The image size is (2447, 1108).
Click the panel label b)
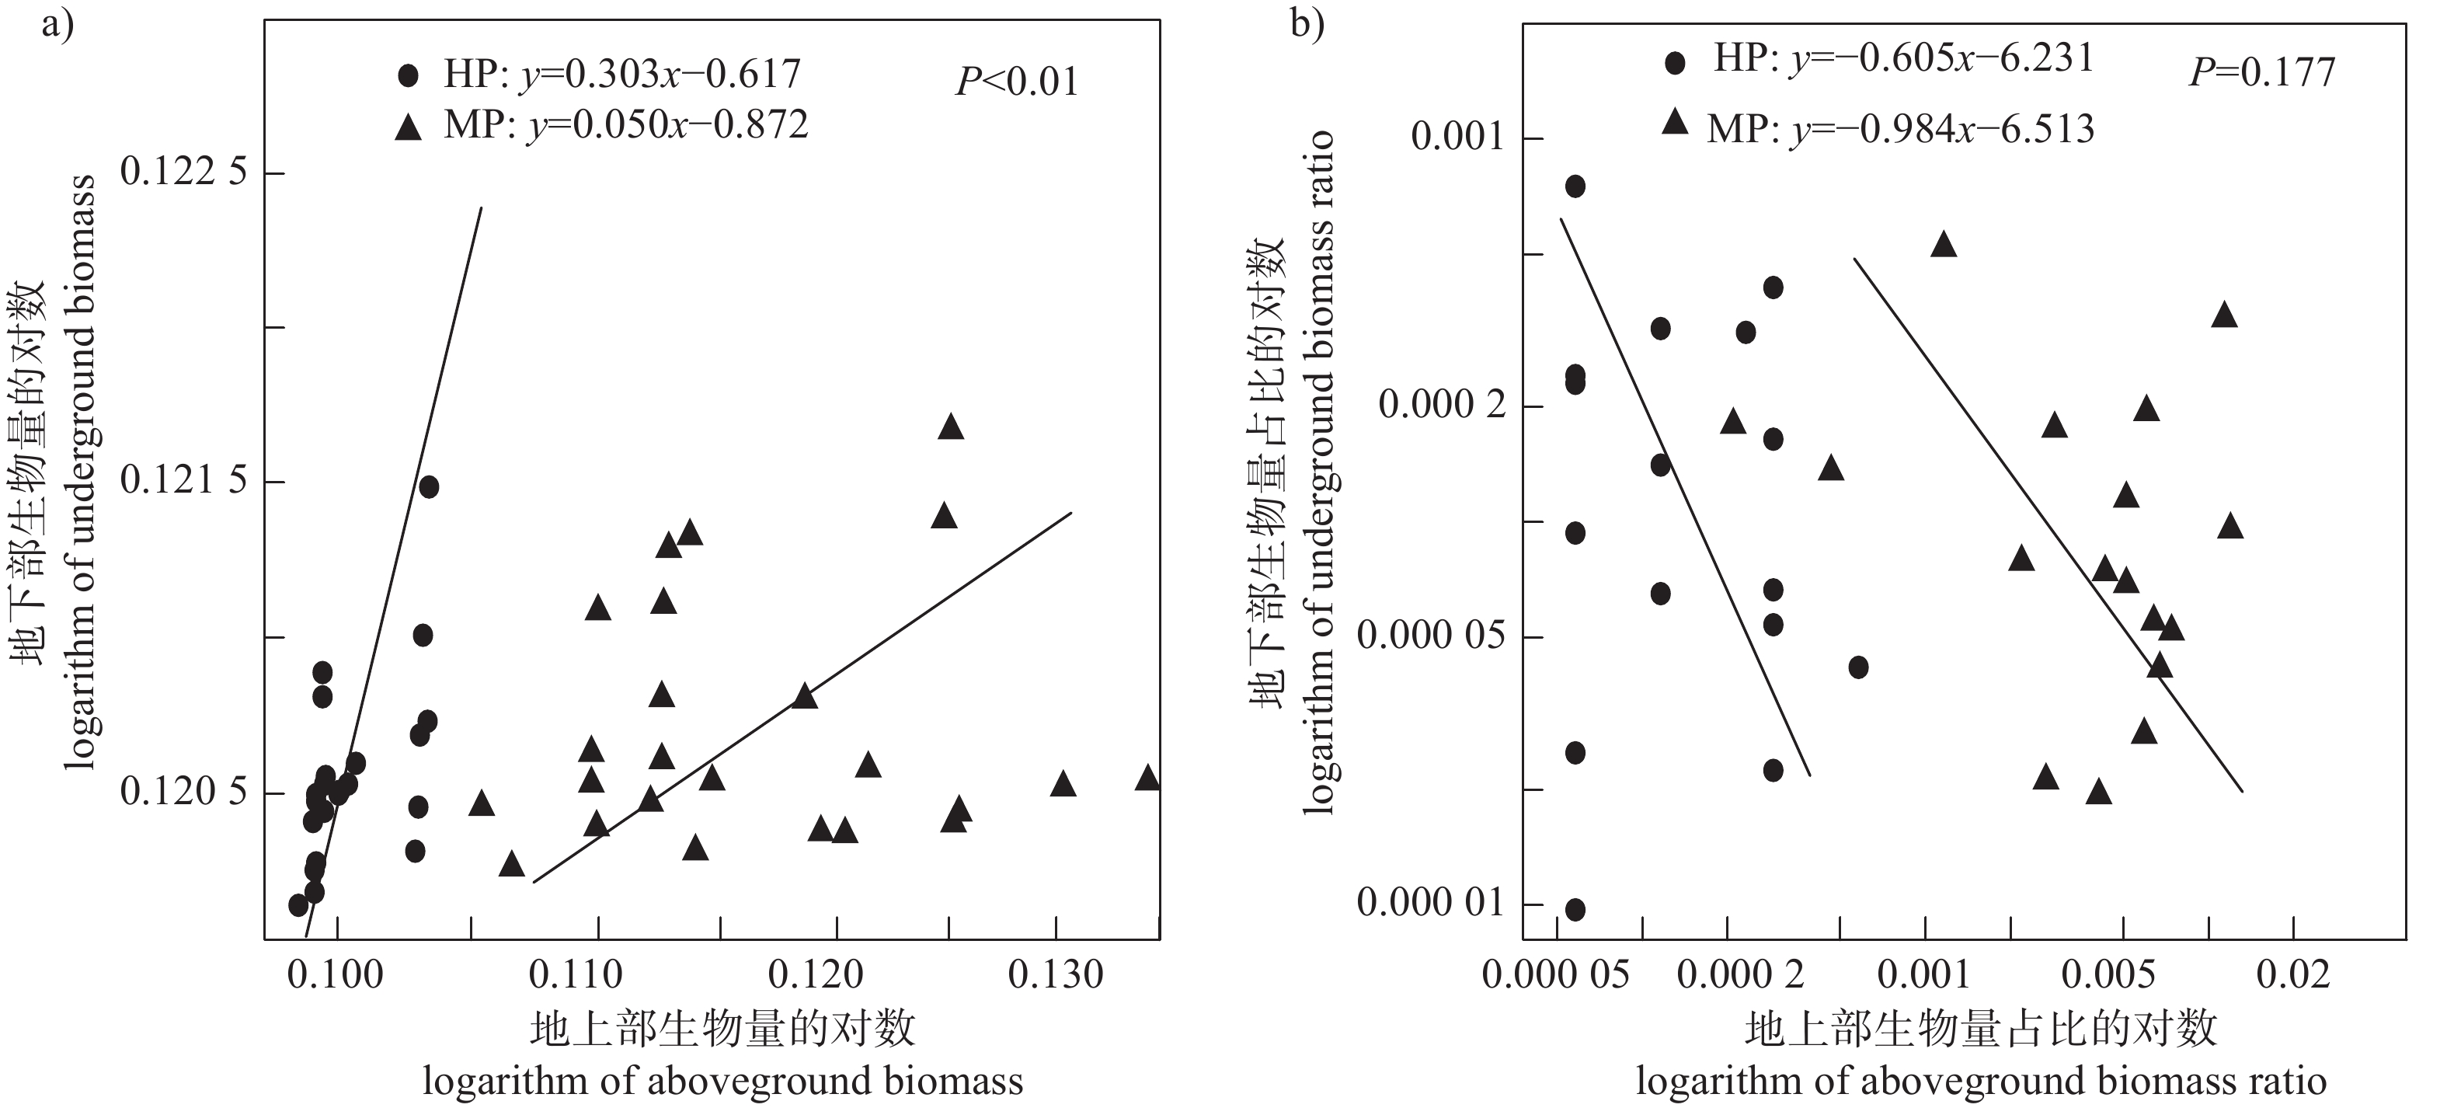pos(1307,24)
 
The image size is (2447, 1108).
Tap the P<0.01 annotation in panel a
pos(1018,82)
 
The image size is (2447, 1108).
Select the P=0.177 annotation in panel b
pos(2262,72)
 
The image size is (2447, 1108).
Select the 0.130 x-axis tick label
pos(1056,975)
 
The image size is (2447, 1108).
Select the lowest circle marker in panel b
pos(1575,909)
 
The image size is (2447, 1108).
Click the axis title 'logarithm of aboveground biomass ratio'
pos(1981,1082)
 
